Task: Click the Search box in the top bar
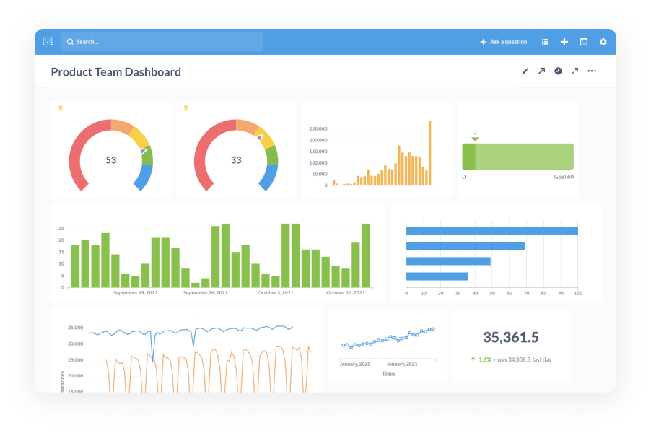pos(162,42)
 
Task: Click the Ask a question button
pos(504,42)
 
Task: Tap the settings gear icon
pos(603,42)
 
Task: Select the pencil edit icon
pos(525,71)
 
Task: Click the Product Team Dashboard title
pos(115,72)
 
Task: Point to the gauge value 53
pos(111,160)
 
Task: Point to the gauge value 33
pos(236,160)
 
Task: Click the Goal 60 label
pos(564,177)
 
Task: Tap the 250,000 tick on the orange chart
pos(318,129)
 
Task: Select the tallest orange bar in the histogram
pos(430,153)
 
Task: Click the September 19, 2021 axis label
pos(136,293)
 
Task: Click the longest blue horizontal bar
pos(491,231)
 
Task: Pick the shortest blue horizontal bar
pos(437,276)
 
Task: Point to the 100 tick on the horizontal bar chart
pos(577,294)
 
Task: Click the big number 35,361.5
pos(511,337)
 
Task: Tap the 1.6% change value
pos(484,359)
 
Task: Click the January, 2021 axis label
pos(402,364)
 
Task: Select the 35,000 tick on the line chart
pos(75,328)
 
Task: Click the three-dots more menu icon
pos(592,71)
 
